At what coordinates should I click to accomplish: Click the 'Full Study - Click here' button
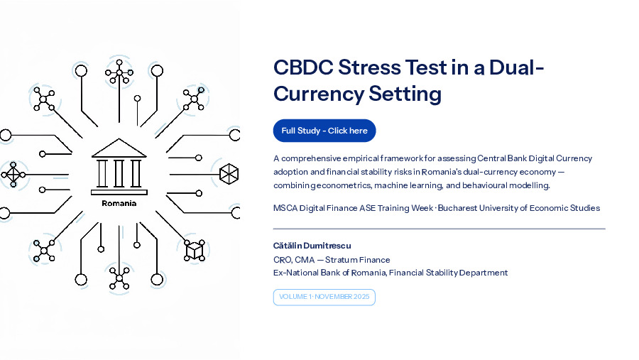point(324,131)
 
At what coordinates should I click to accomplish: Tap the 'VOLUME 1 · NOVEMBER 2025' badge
point(324,297)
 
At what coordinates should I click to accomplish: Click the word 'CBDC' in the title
point(303,67)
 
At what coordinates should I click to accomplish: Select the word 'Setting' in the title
point(405,94)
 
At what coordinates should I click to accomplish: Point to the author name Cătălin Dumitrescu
point(312,246)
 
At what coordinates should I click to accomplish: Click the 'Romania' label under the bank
point(119,203)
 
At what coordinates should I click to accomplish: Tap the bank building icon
point(119,166)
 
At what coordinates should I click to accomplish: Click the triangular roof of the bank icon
point(119,148)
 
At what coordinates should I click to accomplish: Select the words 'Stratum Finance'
point(357,260)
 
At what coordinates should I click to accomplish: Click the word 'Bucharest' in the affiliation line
point(457,208)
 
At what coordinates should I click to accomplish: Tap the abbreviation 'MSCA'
point(285,208)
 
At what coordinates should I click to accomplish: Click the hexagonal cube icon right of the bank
point(229,174)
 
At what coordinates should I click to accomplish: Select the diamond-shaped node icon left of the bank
point(13,175)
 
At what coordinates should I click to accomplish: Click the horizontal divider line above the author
point(439,229)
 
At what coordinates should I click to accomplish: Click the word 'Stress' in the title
point(369,67)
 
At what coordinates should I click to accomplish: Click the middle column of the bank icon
point(119,173)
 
